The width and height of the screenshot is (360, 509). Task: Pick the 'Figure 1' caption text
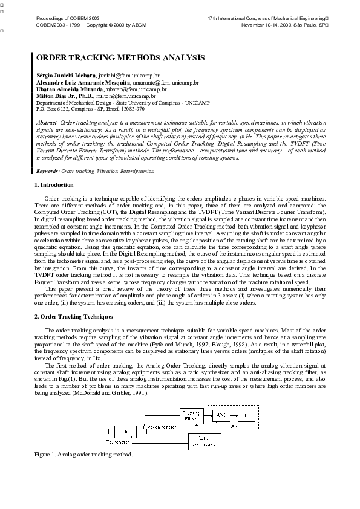[x=83, y=454]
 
